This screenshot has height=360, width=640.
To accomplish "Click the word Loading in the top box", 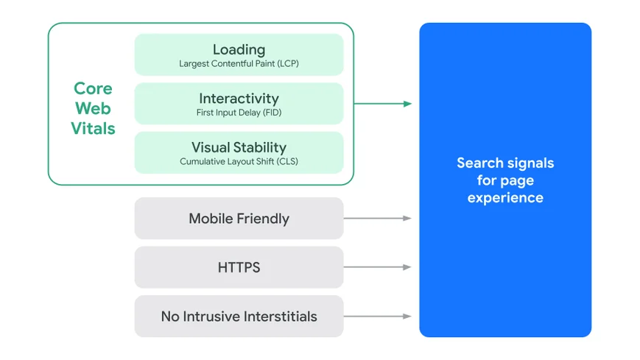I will pos(239,49).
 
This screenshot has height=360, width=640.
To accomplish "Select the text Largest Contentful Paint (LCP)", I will pos(239,64).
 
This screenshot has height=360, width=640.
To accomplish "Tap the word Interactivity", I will pos(239,99).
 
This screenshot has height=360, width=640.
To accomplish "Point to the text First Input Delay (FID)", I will pos(239,113).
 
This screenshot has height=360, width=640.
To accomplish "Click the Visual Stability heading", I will pos(239,147).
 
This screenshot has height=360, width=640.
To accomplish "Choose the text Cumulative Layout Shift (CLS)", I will pos(239,161).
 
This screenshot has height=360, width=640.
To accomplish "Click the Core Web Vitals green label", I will pos(93,108).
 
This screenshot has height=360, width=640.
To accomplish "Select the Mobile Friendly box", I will pos(239,219).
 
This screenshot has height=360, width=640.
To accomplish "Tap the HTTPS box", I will pos(239,267).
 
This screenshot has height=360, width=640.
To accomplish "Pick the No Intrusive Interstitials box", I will pos(239,317).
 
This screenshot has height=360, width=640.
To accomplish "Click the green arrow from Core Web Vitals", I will pos(383,104).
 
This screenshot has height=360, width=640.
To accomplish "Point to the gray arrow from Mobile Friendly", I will pos(377,219).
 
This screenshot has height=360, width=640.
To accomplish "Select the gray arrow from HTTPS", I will pos(377,267).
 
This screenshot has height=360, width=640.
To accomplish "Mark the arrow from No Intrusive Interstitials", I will pos(377,317).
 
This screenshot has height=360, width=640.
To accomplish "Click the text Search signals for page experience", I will pos(505,180).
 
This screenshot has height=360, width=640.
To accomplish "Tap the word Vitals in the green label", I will pos(93,129).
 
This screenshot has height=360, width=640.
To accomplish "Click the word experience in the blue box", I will pos(505,198).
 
